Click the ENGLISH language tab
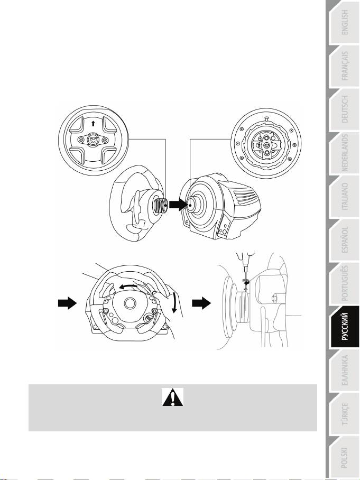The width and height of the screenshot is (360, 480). point(344,23)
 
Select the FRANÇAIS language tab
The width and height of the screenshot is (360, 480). point(344,66)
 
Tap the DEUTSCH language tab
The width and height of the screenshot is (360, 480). point(344,109)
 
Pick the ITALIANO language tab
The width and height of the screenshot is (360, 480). point(344,197)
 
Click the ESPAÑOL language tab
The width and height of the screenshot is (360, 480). point(344,240)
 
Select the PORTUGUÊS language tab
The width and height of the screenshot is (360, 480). point(344,283)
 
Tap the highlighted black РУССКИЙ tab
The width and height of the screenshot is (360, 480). point(344,327)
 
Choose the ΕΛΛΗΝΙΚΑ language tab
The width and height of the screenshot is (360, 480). point(344,371)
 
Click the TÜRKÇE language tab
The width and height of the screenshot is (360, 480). point(344,414)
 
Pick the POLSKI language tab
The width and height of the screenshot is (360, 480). point(344,457)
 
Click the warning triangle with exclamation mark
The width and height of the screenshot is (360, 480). point(173,398)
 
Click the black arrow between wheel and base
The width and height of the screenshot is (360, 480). point(178,205)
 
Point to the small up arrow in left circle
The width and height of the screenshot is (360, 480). point(93,123)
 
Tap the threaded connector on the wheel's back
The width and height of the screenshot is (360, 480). point(161,206)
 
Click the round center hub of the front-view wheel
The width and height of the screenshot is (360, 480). point(130,303)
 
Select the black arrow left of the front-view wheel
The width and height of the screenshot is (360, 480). point(67,303)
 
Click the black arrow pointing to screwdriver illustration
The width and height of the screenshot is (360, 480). point(201,303)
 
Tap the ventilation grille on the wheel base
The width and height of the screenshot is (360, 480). point(245,197)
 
